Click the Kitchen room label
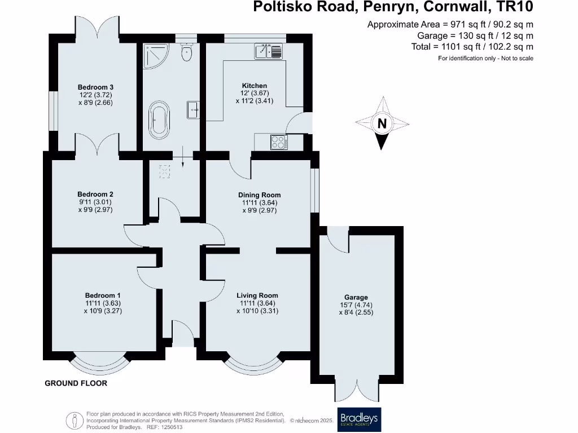point(254,86)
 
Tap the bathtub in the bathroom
point(158,120)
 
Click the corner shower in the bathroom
point(152,55)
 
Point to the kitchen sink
point(269,51)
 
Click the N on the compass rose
point(382,124)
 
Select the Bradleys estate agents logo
point(359,419)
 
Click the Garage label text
point(356,297)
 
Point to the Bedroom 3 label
point(95,87)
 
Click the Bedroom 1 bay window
point(99,366)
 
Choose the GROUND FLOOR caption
point(76,383)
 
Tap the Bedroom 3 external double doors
point(97,27)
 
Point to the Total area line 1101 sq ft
point(472,47)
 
